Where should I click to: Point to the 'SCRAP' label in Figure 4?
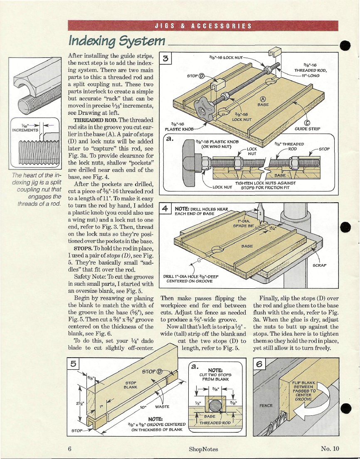[x=320, y=265]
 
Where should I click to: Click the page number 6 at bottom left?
[x=71, y=449]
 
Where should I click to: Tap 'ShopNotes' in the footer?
[x=203, y=449]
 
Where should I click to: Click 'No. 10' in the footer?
[x=330, y=449]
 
